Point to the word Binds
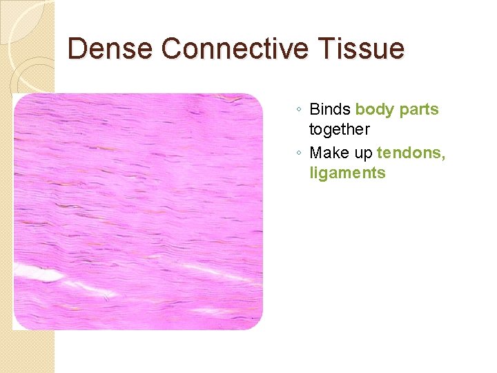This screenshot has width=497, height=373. pyautogui.click(x=330, y=109)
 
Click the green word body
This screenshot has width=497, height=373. pyautogui.click(x=374, y=109)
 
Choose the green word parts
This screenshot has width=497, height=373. pyautogui.click(x=418, y=109)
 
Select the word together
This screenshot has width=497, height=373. pyautogui.click(x=339, y=130)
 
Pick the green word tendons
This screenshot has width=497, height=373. pyautogui.click(x=409, y=152)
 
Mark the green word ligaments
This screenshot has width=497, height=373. pyautogui.click(x=347, y=173)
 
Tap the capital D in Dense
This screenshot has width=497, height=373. pyautogui.click(x=78, y=49)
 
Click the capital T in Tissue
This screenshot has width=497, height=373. pyautogui.click(x=329, y=49)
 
